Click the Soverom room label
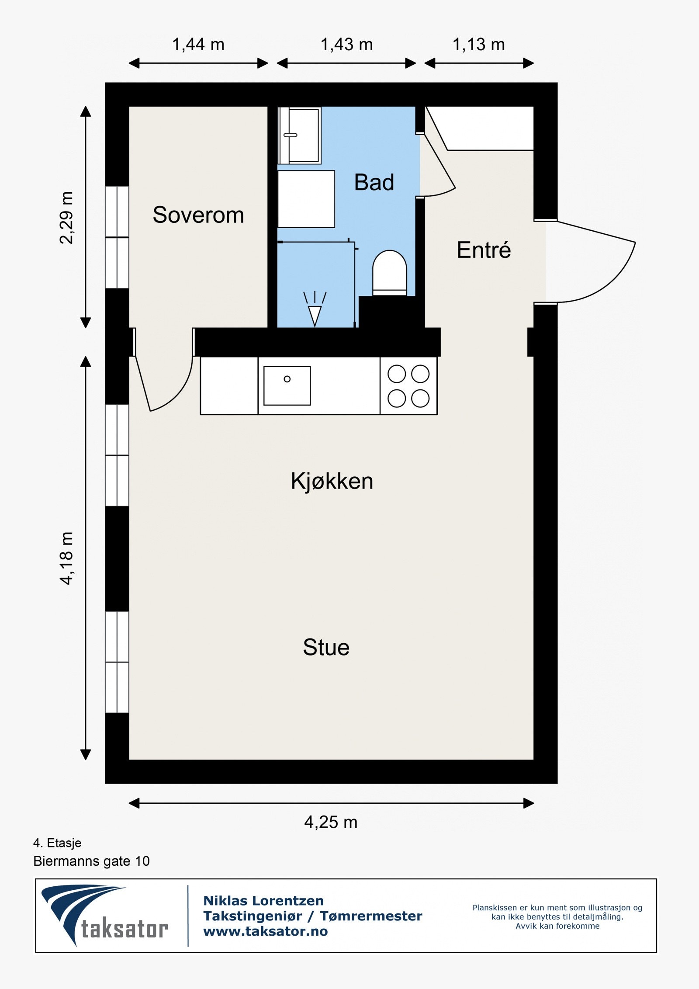tap(198, 215)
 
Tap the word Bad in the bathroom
tap(374, 182)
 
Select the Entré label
tap(484, 250)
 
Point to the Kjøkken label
tap(332, 481)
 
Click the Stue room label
tap(326, 647)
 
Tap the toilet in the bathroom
tap(389, 273)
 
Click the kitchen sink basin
tap(287, 385)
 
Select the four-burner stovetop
tap(408, 386)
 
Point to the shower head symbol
tap(315, 309)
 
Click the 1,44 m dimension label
tap(198, 45)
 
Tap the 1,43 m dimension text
tap(347, 45)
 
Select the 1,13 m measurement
tap(479, 45)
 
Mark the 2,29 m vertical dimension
tap(67, 217)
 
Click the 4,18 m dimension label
tap(67, 558)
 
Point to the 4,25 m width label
tap(331, 822)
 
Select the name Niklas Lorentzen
tap(263, 901)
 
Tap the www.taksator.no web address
tap(266, 931)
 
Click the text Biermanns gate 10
tap(91, 861)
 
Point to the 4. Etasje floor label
tap(57, 843)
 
